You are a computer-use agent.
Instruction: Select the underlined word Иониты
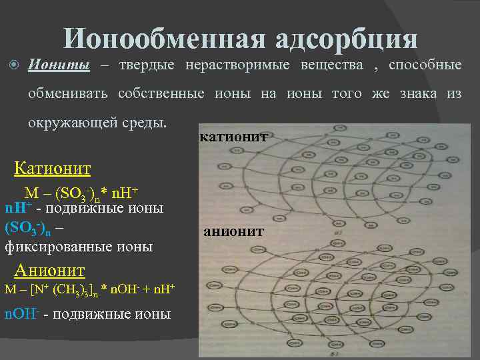coord(59,65)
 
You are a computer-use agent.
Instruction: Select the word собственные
coord(161,93)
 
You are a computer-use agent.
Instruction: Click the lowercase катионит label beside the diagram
coord(233,137)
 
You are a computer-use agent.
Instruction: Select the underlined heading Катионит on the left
coord(53,168)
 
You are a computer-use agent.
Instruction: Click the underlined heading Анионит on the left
coord(51,270)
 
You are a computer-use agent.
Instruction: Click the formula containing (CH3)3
coord(89,290)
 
